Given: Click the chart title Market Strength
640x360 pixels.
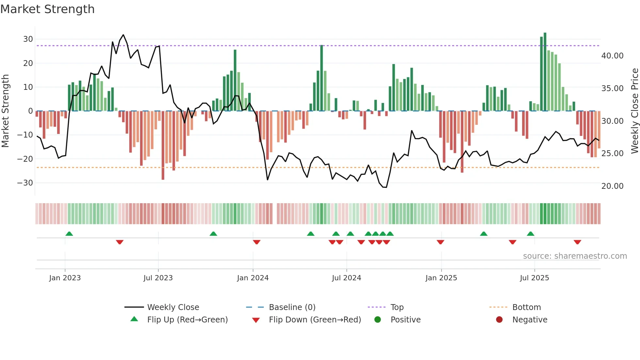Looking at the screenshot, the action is click(x=47, y=9).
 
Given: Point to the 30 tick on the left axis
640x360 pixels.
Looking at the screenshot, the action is click(x=28, y=39).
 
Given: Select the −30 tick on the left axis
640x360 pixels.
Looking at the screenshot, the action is click(x=25, y=183).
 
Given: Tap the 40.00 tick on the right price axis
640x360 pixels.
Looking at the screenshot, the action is click(x=612, y=56).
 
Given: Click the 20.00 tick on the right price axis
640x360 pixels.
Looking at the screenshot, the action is click(x=612, y=186).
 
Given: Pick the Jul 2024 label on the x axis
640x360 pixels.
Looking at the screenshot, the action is click(x=346, y=278).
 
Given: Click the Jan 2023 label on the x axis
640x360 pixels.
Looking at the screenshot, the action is click(x=65, y=278).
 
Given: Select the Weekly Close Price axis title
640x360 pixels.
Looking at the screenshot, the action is click(x=634, y=111).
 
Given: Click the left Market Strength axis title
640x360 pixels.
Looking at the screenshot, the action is click(x=5, y=111).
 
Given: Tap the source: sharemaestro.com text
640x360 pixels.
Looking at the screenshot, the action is click(x=575, y=256).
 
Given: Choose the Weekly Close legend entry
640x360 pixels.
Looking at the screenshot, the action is click(x=173, y=307).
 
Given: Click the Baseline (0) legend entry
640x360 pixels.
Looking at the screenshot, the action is click(x=292, y=307).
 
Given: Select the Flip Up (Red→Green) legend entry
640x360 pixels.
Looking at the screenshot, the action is click(x=187, y=320).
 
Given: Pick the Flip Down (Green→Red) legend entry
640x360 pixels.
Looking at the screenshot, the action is click(x=315, y=320).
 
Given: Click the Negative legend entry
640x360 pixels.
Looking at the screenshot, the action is click(x=529, y=320).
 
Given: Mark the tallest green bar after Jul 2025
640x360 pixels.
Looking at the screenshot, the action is click(x=545, y=72).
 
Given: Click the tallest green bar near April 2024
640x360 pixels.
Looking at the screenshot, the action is click(x=322, y=78).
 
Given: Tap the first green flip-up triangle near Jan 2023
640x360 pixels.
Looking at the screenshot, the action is click(x=69, y=234).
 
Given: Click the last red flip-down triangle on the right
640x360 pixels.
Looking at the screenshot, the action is click(x=577, y=242).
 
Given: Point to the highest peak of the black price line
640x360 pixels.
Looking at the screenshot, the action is click(x=123, y=35).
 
